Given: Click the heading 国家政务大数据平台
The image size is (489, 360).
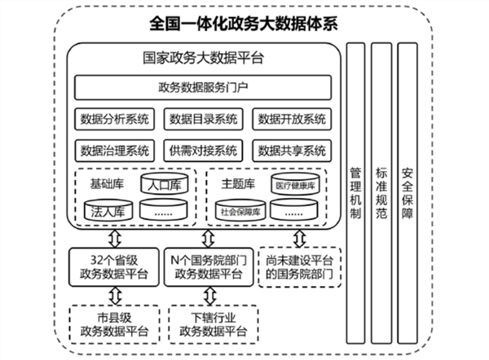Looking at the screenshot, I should (x=202, y=58).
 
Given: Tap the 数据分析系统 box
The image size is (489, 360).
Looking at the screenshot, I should (x=114, y=119).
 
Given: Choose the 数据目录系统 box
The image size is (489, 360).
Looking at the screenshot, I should (x=203, y=119).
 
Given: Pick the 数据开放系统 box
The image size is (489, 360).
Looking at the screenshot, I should (x=291, y=119).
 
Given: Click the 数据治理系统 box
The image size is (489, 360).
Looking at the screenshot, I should (x=114, y=150).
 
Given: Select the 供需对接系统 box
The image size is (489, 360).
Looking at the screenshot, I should (x=203, y=150).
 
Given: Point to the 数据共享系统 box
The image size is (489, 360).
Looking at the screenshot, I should (x=291, y=150).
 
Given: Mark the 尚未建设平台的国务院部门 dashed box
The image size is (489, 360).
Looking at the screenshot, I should (x=298, y=266).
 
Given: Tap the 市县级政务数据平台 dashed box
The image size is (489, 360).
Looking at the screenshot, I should (x=114, y=323).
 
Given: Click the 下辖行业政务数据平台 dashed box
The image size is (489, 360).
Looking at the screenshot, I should (x=208, y=323).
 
